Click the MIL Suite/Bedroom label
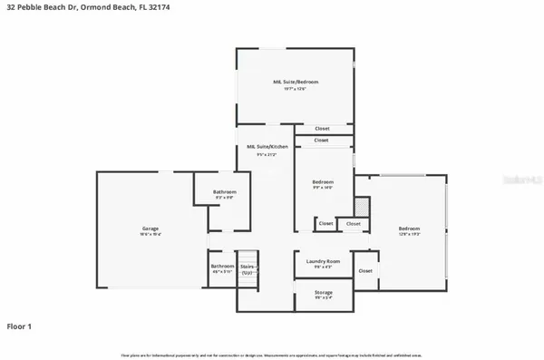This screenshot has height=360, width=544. point(296,82)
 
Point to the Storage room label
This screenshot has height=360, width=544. point(323,292)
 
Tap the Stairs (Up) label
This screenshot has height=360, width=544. point(248,268)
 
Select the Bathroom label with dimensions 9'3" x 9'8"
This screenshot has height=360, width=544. point(225,192)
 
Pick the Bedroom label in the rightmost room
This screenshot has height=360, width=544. point(410,228)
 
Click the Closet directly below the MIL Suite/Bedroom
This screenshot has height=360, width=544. point(324,129)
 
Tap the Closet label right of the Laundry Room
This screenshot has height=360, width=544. point(365,270)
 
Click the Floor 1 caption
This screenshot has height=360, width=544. point(20,326)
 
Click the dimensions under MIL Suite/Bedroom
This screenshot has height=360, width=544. point(296,89)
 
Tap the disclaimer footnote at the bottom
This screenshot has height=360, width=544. point(272,354)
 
